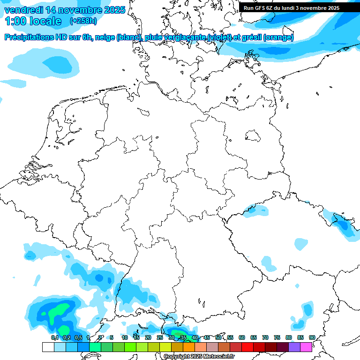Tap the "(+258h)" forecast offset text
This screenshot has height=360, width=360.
point(83,21)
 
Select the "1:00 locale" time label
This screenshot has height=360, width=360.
point(33,21)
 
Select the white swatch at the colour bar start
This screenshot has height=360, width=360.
point(48,347)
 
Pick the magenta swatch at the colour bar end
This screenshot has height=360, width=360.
point(306,347)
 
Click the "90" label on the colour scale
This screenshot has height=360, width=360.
point(312,337)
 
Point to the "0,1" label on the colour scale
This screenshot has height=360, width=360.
point(54,337)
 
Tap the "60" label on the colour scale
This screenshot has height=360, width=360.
point(242,337)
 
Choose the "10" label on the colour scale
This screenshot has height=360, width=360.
point(125,337)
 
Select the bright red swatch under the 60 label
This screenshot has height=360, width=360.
point(247,347)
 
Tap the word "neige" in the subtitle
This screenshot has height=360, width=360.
point(105,37)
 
